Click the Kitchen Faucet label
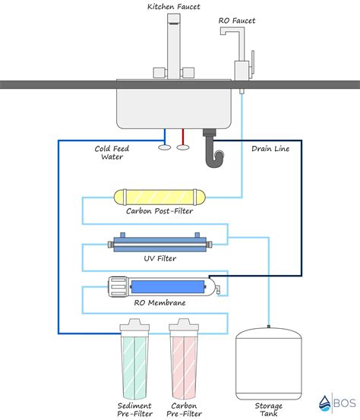point(174,6)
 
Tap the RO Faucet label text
point(237,21)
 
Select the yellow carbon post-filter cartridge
point(159,197)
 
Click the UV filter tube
point(160,244)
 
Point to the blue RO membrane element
point(168,286)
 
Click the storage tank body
point(269,365)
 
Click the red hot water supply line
point(183,137)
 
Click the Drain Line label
point(270,149)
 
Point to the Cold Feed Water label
point(112,153)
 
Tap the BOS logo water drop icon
point(324,404)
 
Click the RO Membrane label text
point(159,303)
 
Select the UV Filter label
point(160,258)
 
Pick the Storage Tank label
point(268,409)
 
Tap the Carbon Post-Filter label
point(159,211)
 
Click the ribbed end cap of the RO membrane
point(118,287)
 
